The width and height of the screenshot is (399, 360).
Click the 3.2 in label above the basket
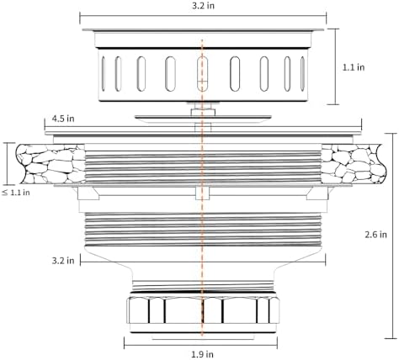(x=203, y=6)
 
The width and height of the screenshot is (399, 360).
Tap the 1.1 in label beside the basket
(x=354, y=67)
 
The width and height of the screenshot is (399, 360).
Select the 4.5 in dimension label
(x=63, y=119)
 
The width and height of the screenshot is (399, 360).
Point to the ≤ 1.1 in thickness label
(x=16, y=193)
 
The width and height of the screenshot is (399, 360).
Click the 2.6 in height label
(x=375, y=234)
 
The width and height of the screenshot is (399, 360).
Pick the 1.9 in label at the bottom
(x=202, y=354)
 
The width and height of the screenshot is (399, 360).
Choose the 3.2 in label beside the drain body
(x=63, y=261)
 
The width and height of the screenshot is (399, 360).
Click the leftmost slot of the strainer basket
(x=104, y=73)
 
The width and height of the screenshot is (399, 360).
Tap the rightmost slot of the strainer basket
(x=302, y=73)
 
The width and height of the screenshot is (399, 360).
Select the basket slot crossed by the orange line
(x=202, y=73)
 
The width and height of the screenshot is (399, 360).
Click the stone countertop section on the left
(x=51, y=164)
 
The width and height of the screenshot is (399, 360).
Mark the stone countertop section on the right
(x=354, y=164)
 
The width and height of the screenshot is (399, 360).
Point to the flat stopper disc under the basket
(x=203, y=119)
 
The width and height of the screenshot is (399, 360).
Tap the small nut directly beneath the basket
(x=203, y=112)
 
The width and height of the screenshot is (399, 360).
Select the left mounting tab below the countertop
(x=88, y=193)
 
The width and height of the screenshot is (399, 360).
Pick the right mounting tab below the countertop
(x=317, y=193)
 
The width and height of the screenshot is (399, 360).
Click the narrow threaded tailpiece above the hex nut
(x=203, y=286)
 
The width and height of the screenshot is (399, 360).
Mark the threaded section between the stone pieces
(x=203, y=167)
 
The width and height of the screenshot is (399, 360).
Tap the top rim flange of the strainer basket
(x=203, y=29)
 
